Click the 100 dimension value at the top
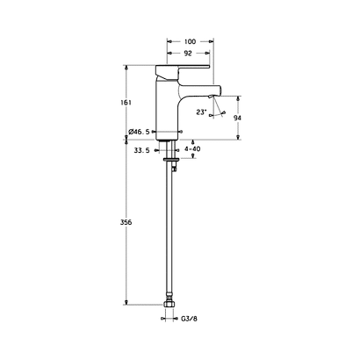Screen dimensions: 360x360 tap(190, 41)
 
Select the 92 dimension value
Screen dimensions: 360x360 tap(188, 53)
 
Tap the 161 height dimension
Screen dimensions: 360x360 tap(126, 103)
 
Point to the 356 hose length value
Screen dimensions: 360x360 tap(126, 222)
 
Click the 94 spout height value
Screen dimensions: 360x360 tap(237, 118)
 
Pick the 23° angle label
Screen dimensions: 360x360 tap(201, 112)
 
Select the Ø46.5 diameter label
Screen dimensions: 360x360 tap(139, 132)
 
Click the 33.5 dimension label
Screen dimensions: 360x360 tap(141, 150)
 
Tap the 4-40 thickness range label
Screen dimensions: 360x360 tap(192, 149)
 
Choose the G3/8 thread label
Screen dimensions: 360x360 tap(190, 319)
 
